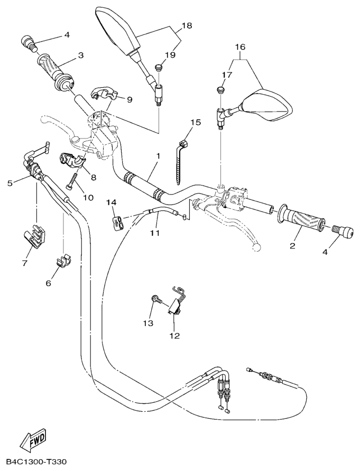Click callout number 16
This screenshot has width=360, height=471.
tap(241, 48)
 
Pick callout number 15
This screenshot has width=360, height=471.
tap(196, 123)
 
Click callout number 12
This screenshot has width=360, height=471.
tap(174, 335)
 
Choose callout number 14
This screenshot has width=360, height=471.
tap(110, 202)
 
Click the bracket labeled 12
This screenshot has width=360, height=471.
tap(176, 304)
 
